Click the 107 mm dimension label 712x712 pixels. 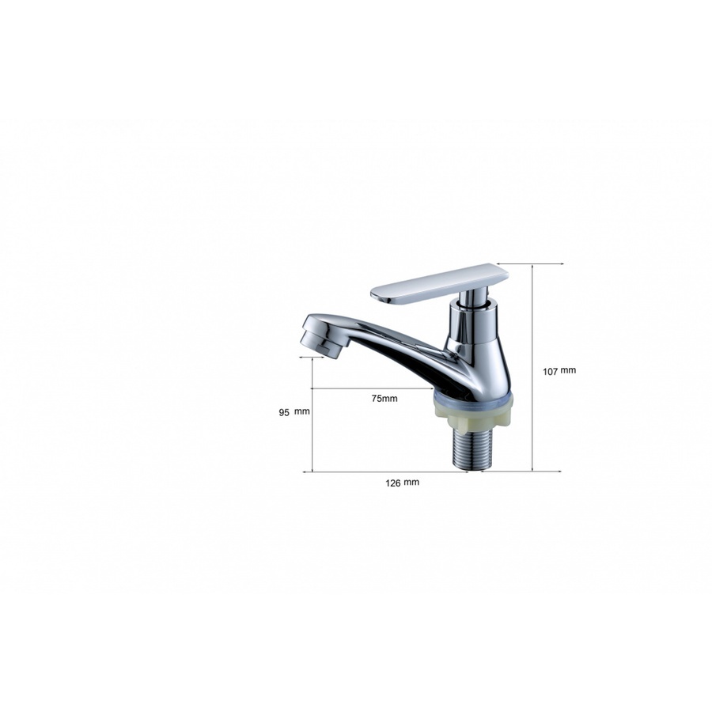click(559, 371)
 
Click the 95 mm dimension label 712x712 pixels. click(294, 412)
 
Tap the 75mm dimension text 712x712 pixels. click(384, 398)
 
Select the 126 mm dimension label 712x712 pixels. click(403, 483)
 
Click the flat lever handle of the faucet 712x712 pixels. click(439, 284)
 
